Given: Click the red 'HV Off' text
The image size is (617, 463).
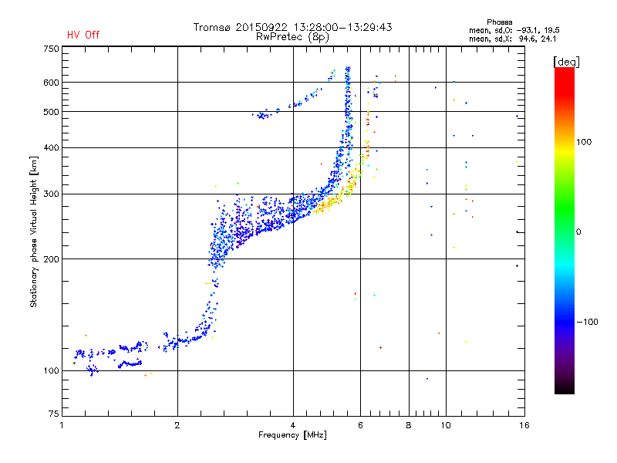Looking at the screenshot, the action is (83, 35).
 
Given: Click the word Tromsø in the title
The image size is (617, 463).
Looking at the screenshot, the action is (212, 27).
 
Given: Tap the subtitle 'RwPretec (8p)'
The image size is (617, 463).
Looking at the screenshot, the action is (292, 37).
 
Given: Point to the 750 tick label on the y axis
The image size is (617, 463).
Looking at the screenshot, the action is (51, 49).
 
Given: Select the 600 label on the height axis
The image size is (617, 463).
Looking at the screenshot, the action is (51, 83).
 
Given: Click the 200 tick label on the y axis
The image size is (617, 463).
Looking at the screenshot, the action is (51, 259).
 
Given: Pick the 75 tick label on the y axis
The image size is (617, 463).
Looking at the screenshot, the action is (54, 414).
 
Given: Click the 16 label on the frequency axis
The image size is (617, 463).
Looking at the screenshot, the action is (524, 425).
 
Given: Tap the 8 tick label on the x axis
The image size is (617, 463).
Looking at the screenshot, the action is (409, 425).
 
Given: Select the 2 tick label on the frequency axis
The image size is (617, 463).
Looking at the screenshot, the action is (177, 425).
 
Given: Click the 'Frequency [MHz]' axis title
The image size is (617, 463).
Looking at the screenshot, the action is (292, 435).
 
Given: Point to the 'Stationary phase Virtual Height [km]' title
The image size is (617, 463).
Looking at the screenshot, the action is (34, 231).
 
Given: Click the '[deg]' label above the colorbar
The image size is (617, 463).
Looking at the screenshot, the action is (566, 62).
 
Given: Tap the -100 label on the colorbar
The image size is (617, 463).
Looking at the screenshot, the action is (588, 322).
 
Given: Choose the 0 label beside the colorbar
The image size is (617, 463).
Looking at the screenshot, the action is (578, 232).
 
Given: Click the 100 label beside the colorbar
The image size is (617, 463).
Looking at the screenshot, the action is (584, 142).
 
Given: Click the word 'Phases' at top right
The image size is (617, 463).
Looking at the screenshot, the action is (500, 22).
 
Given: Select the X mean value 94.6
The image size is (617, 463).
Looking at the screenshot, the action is (526, 39).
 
